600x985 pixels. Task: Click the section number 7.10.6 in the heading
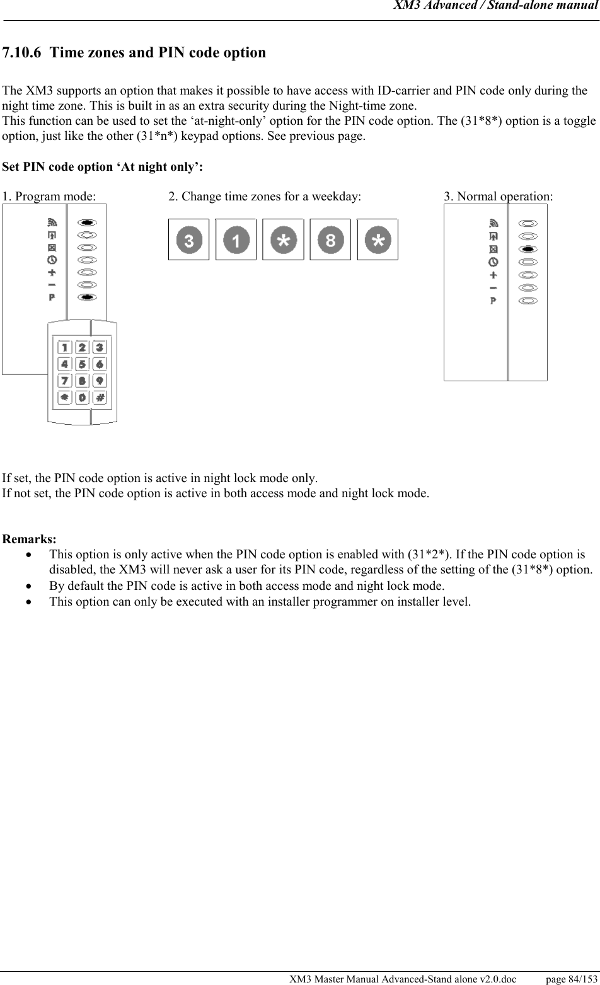click(22, 52)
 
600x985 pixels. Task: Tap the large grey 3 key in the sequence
click(188, 239)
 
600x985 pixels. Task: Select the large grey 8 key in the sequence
click(330, 239)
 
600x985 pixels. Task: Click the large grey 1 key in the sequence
click(236, 239)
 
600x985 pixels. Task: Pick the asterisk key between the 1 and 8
click(283, 239)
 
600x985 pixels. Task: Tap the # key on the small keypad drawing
click(100, 398)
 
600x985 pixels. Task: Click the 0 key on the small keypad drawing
click(82, 398)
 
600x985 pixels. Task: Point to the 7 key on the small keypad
click(64, 381)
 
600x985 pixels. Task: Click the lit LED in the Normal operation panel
click(529, 249)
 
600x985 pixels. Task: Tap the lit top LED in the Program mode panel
click(88, 222)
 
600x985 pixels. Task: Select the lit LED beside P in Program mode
click(88, 297)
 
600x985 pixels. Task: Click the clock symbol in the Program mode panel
click(52, 260)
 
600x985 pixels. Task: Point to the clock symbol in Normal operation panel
click(493, 262)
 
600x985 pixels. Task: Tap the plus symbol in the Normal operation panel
click(493, 275)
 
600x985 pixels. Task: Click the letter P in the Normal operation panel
click(493, 301)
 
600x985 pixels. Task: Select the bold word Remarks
click(30, 539)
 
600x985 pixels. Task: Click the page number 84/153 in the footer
click(572, 979)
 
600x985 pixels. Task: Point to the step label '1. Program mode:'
click(49, 197)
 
